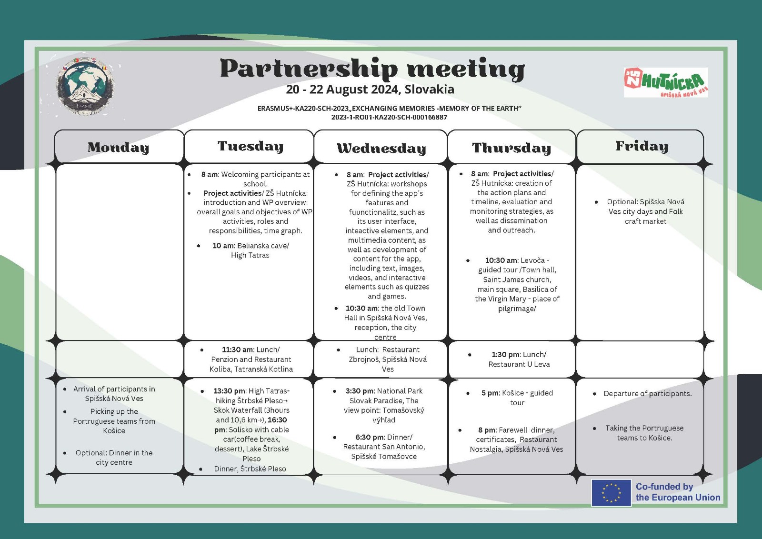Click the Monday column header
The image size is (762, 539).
pos(118,148)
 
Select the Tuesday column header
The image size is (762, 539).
pos(250,146)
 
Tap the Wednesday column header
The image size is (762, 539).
pos(381,149)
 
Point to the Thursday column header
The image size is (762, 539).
pos(511,148)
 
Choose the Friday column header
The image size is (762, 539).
pos(642,146)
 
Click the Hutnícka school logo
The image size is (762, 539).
pos(665,82)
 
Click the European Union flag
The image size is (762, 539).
pos(611,492)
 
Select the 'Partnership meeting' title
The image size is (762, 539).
pos(372,69)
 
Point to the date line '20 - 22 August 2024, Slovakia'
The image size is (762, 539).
pos(370,90)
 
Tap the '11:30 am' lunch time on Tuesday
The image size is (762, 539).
pos(238,349)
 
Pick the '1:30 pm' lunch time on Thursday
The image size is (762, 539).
pos(505,355)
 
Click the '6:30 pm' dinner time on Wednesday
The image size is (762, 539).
pos(369,437)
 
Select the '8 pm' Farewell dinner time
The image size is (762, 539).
pos(487,430)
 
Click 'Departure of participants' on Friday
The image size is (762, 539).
pos(647,394)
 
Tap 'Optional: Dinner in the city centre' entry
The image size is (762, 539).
pos(114,458)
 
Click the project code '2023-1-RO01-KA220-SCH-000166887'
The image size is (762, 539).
pos(389,117)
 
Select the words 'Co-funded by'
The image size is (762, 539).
pos(664,487)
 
